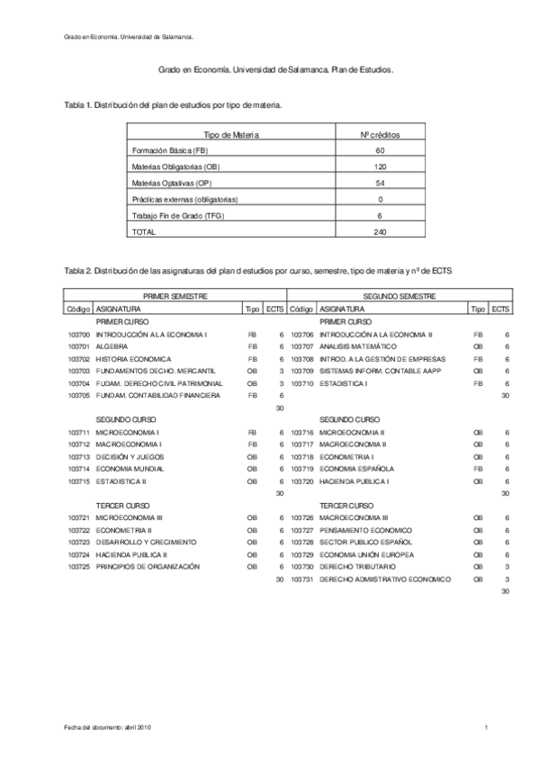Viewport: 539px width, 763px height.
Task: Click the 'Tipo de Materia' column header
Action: (232, 134)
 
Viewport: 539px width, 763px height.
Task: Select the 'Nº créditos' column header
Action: (380, 134)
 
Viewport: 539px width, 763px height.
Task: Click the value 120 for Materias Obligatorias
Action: (380, 166)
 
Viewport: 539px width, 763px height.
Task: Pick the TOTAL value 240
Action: (380, 231)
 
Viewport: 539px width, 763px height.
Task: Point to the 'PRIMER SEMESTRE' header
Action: (175, 295)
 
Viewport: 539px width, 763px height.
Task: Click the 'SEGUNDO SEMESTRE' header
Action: (400, 295)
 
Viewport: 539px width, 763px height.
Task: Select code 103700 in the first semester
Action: (79, 334)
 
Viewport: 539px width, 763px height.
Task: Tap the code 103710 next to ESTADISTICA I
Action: (303, 383)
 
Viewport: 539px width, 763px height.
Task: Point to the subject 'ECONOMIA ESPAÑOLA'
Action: (356, 469)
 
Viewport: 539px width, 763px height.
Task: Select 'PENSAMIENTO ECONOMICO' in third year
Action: (364, 530)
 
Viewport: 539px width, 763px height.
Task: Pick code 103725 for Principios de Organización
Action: (79, 567)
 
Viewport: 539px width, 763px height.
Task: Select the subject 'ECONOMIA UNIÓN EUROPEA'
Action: (364, 554)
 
